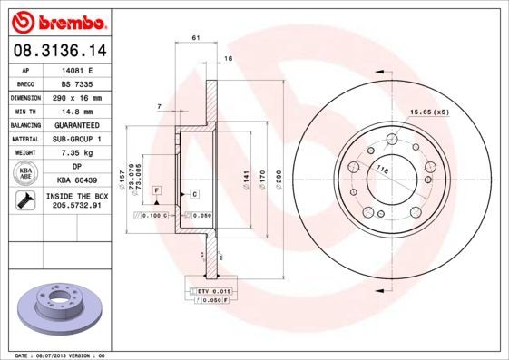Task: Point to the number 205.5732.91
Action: point(73,206)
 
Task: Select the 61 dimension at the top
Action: point(196,36)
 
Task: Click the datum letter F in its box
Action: point(157,190)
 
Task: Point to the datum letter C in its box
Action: point(194,194)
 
